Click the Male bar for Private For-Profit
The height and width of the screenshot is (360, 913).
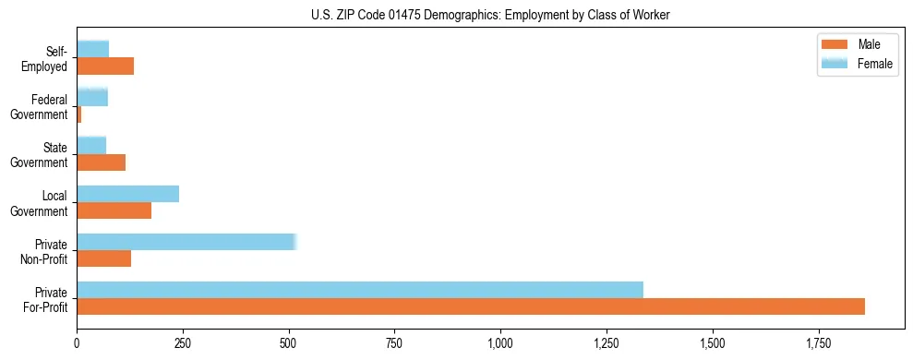[x=471, y=306]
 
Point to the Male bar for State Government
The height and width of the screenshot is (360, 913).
[x=102, y=162]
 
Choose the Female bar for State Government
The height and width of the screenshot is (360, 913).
[x=91, y=146]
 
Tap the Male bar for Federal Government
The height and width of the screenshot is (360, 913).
[x=79, y=114]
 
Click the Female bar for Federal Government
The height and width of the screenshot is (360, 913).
[x=92, y=98]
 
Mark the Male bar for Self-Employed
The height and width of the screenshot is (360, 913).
[x=105, y=66]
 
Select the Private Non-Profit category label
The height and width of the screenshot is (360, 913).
[x=45, y=251]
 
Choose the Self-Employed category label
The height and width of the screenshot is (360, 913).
[x=46, y=59]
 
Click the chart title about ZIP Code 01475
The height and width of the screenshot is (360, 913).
[x=492, y=16]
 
